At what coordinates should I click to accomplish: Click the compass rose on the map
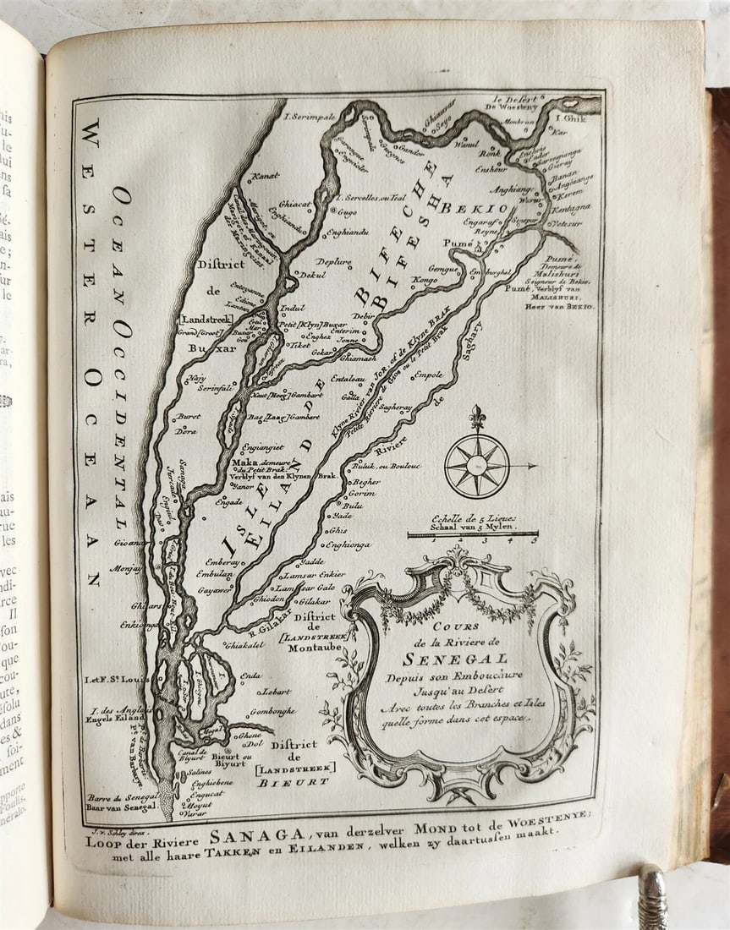click(x=477, y=464)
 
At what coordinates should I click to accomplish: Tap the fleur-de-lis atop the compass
click(x=477, y=417)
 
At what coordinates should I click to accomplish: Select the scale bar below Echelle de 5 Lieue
click(x=473, y=533)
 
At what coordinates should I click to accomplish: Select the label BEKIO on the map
click(x=485, y=207)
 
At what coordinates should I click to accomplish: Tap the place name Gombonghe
click(x=272, y=711)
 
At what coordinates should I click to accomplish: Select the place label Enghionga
click(x=348, y=544)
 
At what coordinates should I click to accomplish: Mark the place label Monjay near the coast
click(x=126, y=568)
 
